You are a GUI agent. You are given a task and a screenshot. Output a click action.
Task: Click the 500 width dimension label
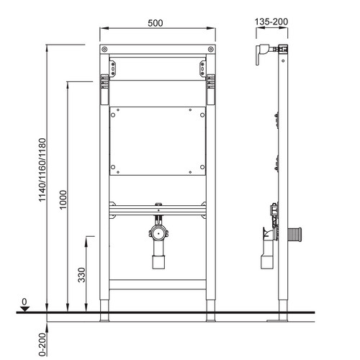point(156,23)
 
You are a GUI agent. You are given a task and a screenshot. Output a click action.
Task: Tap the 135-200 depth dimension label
point(271,22)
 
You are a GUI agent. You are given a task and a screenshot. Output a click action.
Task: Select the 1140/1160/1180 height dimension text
point(42,170)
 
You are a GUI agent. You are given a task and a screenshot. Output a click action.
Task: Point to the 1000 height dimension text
point(63,199)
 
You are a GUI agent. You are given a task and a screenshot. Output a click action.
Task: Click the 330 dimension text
point(81,275)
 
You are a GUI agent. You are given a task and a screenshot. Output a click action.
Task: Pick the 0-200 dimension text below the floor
point(42,344)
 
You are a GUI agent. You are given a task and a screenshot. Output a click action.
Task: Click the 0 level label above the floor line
point(24,302)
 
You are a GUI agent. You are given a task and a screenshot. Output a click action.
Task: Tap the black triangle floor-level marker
point(24,309)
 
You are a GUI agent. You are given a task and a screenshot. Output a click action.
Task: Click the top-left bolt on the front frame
point(104,50)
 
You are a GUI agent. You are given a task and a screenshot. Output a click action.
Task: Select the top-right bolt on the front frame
point(211,50)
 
